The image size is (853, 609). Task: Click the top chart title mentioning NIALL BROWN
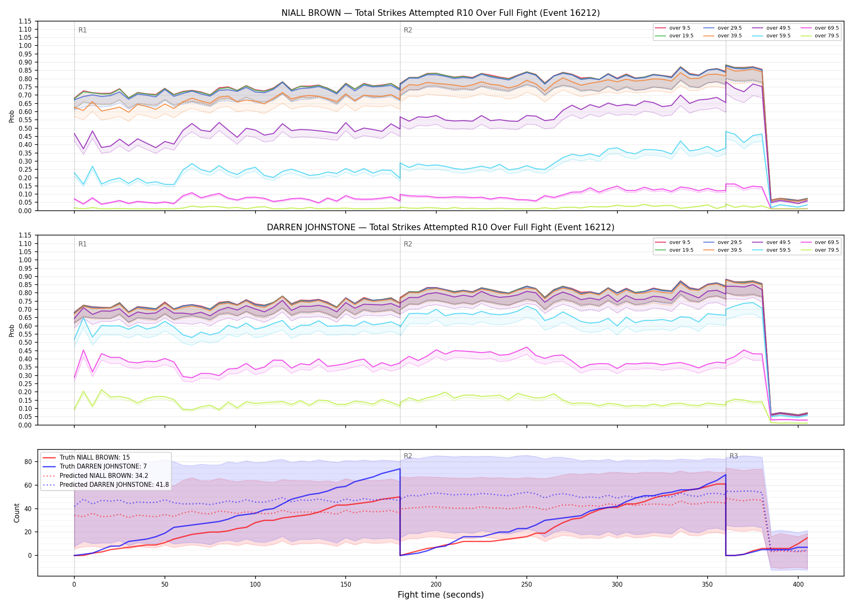click(440, 13)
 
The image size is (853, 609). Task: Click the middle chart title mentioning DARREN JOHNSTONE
click(440, 227)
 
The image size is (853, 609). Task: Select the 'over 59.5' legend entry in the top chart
click(771, 36)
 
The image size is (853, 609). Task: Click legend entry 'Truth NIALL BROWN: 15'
click(86, 457)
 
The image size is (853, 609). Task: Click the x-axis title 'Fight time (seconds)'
click(441, 595)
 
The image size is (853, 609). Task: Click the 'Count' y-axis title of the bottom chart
click(17, 513)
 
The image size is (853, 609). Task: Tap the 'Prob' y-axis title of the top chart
click(12, 116)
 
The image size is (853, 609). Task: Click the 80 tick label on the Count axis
click(28, 462)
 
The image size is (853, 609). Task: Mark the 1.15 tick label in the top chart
click(25, 21)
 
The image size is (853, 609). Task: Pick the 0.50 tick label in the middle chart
click(25, 342)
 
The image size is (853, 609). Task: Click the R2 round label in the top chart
click(408, 30)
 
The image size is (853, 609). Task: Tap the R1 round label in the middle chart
click(82, 244)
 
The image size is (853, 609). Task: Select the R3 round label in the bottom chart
click(734, 456)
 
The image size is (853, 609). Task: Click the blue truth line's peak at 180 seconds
click(400, 469)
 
